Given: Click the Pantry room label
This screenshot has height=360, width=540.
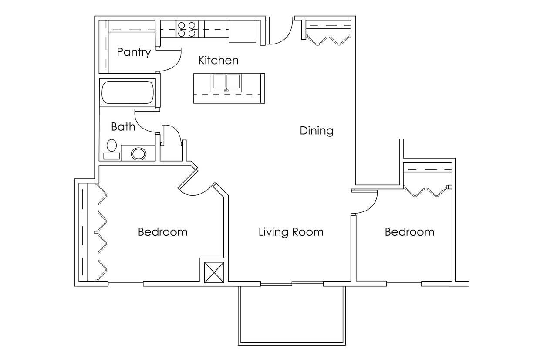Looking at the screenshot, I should pyautogui.click(x=134, y=52).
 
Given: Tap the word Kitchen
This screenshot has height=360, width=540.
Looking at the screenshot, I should pyautogui.click(x=218, y=60).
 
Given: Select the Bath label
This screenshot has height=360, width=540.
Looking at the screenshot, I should pyautogui.click(x=123, y=127).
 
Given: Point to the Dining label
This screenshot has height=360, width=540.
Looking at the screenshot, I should pyautogui.click(x=317, y=131).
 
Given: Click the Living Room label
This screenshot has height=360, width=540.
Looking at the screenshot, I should pyautogui.click(x=291, y=232).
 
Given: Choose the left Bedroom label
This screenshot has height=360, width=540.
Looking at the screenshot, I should pyautogui.click(x=162, y=232).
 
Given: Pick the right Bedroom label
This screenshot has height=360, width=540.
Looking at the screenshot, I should pyautogui.click(x=409, y=232).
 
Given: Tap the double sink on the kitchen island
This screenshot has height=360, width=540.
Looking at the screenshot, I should pyautogui.click(x=226, y=82).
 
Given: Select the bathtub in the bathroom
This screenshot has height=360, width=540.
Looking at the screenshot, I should pyautogui.click(x=128, y=92).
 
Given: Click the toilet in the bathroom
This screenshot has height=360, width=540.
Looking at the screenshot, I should pyautogui.click(x=112, y=148).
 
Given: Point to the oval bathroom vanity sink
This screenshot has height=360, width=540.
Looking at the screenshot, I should pyautogui.click(x=138, y=153).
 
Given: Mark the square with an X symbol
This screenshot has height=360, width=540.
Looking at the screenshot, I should pyautogui.click(x=214, y=273).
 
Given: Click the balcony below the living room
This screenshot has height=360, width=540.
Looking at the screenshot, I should pyautogui.click(x=291, y=314).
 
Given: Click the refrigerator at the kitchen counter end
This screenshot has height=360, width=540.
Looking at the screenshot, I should pyautogui.click(x=243, y=31).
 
